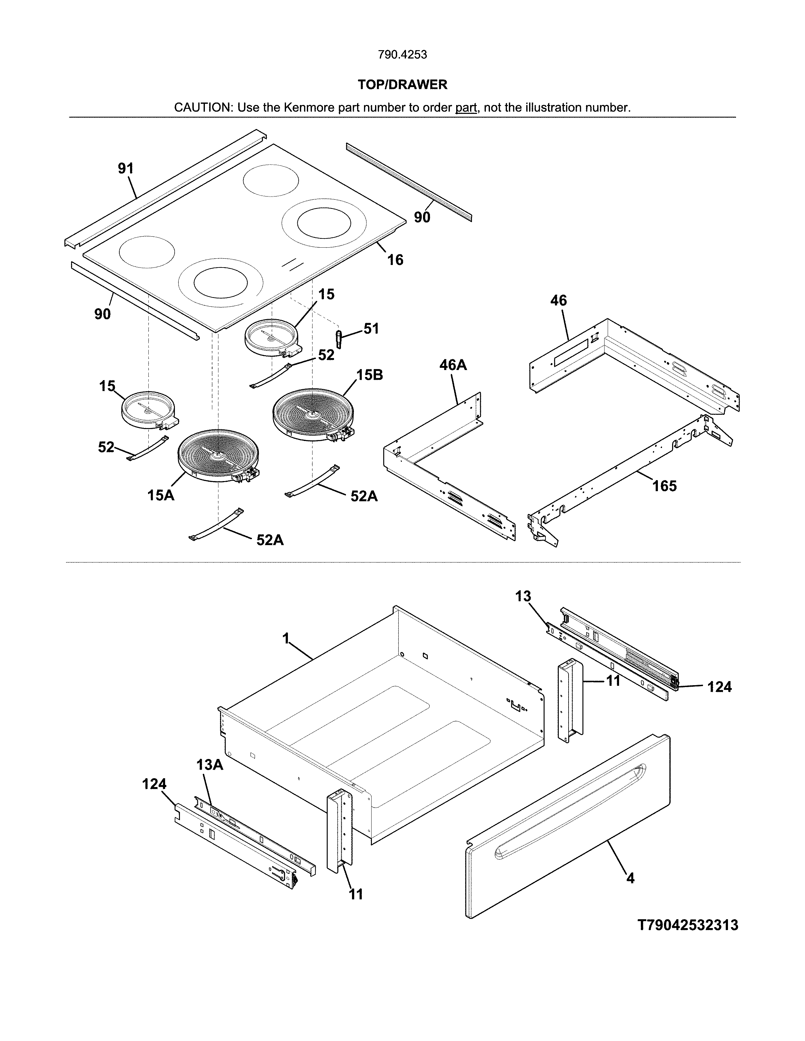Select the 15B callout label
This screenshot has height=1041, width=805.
[x=370, y=375]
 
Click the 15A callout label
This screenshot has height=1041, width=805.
[x=161, y=495]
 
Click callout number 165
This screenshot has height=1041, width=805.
[x=664, y=486]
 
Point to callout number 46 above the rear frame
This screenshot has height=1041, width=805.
[x=558, y=300]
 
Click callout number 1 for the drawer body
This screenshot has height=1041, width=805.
[x=286, y=638]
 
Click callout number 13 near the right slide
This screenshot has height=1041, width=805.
[x=523, y=596]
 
